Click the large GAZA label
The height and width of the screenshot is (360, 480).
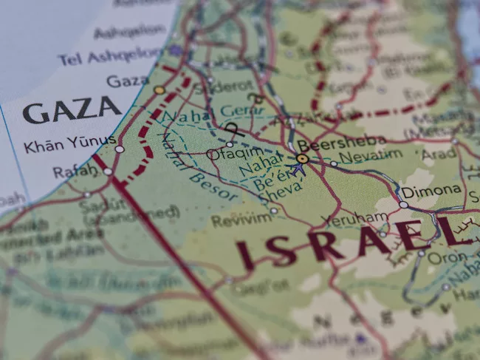[x=71, y=111]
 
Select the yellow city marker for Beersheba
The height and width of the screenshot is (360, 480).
[x=302, y=158]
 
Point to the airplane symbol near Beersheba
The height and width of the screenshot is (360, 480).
[x=298, y=169]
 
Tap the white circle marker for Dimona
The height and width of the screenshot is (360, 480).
[x=403, y=205]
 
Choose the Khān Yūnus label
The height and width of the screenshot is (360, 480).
[x=69, y=144]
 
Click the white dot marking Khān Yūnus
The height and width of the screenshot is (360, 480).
[x=120, y=149]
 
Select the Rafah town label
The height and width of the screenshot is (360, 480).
[x=75, y=171]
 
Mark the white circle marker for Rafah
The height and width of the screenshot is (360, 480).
[x=108, y=171]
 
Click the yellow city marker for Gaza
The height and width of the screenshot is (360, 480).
[x=160, y=89]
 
